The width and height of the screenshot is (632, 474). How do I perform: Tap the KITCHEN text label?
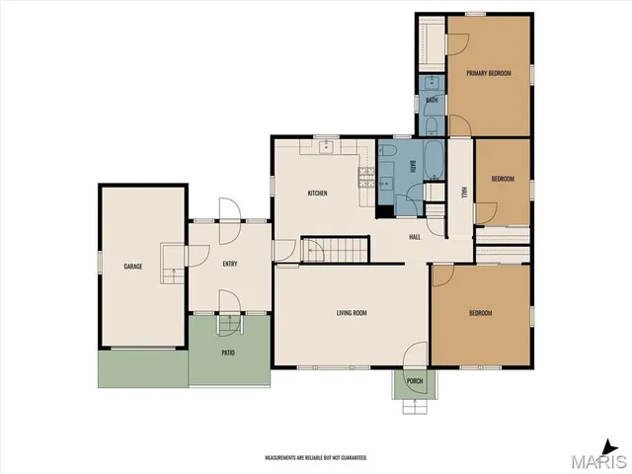[317, 193]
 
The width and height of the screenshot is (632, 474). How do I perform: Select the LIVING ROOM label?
[352, 313]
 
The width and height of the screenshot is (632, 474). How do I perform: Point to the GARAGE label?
[132, 267]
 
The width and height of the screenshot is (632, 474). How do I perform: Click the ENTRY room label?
[229, 264]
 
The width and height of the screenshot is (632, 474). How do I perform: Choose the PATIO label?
[228, 352]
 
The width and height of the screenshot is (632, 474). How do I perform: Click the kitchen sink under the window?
[327, 146]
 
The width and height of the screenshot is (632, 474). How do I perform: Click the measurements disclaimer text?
[316, 458]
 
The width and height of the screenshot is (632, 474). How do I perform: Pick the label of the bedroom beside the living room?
[480, 313]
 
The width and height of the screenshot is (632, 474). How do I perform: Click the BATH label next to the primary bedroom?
[432, 101]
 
